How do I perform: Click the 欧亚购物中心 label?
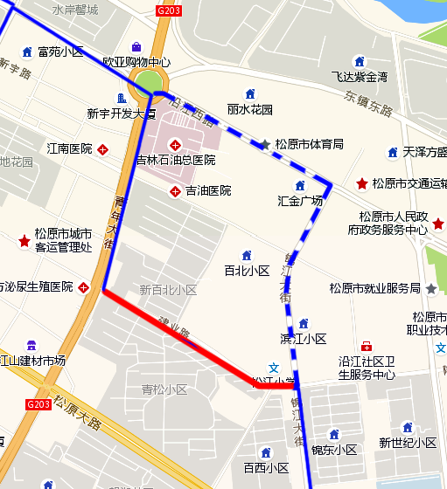136,62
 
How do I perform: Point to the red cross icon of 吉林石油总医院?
175,144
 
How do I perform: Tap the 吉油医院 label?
208,190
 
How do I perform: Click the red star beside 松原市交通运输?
361,183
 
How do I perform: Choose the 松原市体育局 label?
309,144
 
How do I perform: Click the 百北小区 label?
247,271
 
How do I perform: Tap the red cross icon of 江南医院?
104,149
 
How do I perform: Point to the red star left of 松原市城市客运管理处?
24,240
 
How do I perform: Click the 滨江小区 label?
303,339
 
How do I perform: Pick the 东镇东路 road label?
367,108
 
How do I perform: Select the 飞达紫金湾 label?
359,77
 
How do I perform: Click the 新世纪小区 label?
407,443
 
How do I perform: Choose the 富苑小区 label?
59,52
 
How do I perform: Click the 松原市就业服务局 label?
375,288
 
